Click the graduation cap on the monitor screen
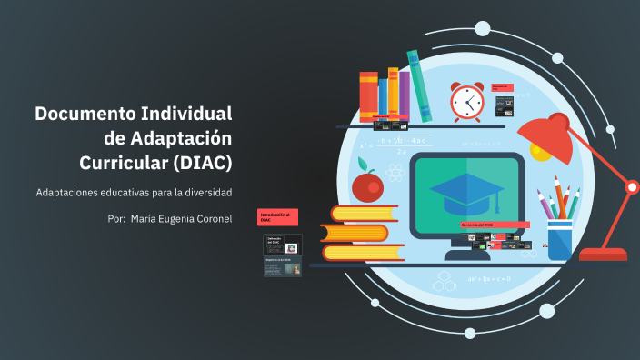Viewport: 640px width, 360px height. pos(467,189)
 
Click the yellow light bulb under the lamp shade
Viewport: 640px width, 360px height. pos(541,154)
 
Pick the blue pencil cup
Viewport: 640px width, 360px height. pos(560,239)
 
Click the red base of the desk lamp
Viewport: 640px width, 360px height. pos(603,255)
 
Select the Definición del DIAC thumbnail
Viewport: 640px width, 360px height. pos(283,243)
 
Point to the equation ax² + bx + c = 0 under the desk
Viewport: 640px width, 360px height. pos(489,278)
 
